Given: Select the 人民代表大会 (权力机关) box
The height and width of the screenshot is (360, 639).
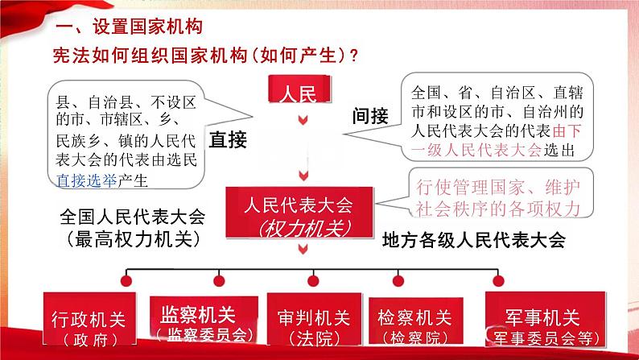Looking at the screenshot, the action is (303, 214).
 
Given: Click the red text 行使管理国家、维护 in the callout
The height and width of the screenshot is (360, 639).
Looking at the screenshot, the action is (498, 187).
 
